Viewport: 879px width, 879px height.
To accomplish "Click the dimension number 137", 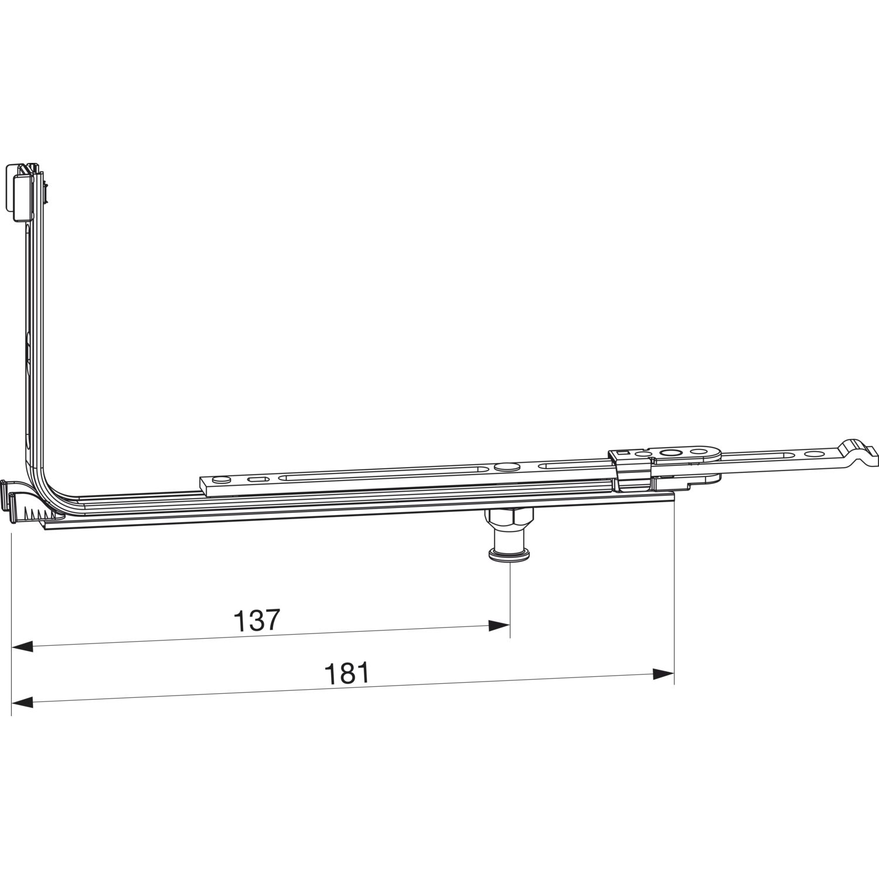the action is point(258,620).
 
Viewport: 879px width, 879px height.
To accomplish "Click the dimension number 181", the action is point(347,673).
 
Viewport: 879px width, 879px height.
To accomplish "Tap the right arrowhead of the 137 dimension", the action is point(499,626).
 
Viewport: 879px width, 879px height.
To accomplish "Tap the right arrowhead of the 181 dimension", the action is point(663,674).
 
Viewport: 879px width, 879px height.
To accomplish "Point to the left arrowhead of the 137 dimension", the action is point(22,647).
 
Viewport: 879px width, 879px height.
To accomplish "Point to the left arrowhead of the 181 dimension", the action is point(22,701).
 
